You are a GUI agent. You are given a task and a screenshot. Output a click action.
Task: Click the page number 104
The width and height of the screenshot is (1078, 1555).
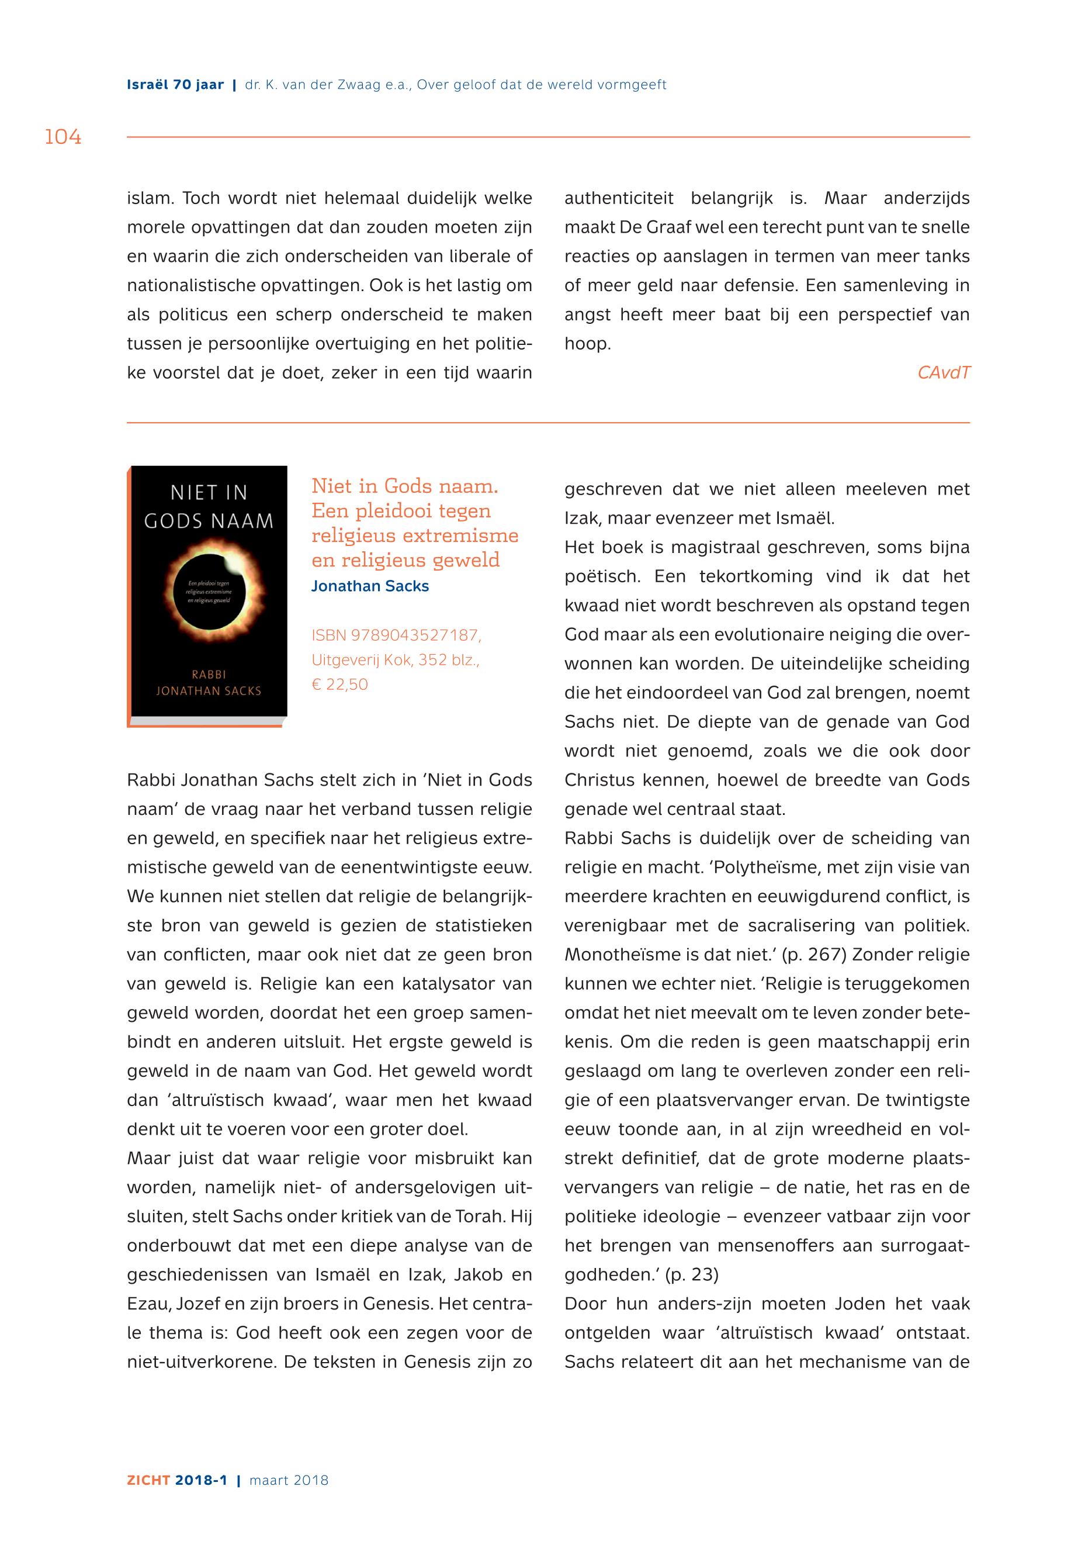pos(63,137)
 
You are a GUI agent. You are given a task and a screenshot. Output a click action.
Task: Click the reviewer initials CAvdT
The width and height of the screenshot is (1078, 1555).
pos(943,372)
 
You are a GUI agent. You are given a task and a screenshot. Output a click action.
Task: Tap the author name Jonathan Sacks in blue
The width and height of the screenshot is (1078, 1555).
pos(369,586)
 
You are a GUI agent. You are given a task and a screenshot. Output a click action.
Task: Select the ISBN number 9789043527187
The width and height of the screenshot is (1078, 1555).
pos(415,635)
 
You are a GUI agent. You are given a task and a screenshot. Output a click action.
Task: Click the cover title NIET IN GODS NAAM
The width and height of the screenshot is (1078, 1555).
pos(209,507)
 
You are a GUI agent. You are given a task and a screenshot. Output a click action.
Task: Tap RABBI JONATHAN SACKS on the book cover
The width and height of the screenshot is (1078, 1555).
pos(209,683)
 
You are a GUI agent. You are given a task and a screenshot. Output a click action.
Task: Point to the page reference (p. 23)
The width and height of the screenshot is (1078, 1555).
pos(692,1275)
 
